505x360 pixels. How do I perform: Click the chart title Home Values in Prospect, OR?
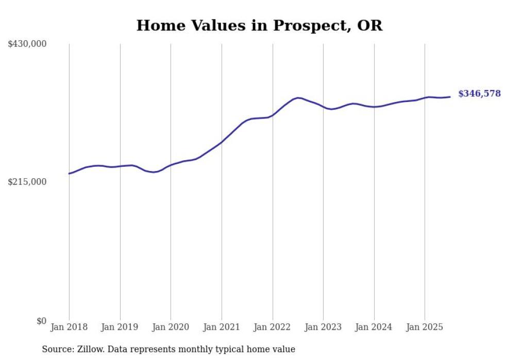(x=259, y=25)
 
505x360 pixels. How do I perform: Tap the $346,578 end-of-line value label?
(x=479, y=94)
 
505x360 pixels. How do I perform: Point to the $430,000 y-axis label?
(x=27, y=44)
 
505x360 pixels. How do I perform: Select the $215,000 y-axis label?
(x=27, y=182)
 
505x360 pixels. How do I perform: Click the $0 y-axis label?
(x=41, y=321)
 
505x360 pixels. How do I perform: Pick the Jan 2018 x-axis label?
(x=69, y=327)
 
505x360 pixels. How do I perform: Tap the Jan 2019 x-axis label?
(x=120, y=327)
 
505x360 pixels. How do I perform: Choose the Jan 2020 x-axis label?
(x=171, y=327)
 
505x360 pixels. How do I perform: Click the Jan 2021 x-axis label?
(x=222, y=327)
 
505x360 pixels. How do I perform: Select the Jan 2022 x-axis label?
(x=273, y=327)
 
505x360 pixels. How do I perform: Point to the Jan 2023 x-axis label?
(x=323, y=327)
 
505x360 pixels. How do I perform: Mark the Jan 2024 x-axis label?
(x=374, y=327)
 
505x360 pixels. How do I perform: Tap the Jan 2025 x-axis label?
(x=425, y=327)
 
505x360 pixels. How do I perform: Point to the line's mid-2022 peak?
(x=298, y=97)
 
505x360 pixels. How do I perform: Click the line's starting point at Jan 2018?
(x=69, y=174)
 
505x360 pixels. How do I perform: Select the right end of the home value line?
(x=450, y=97)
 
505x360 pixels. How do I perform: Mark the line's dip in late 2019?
(x=154, y=172)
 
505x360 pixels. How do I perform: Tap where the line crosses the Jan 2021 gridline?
(x=222, y=142)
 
